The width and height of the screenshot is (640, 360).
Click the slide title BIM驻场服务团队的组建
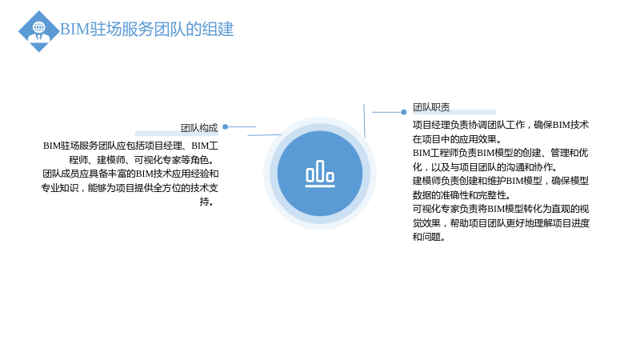click(x=147, y=30)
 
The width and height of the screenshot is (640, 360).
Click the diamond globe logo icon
click(x=39, y=31)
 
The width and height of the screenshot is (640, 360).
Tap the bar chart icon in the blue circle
click(x=320, y=174)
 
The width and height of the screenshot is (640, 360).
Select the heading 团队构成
click(x=199, y=128)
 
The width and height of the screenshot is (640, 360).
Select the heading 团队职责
click(x=431, y=107)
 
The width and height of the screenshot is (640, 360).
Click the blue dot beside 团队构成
click(x=225, y=127)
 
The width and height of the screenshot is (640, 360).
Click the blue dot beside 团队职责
click(x=404, y=112)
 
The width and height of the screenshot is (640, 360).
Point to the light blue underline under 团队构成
click(x=177, y=133)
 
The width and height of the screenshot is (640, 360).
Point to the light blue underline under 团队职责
click(x=454, y=112)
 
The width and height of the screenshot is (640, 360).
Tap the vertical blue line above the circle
click(x=364, y=121)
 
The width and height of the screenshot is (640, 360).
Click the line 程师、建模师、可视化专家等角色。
click(x=143, y=159)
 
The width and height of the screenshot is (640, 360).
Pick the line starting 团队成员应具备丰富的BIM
click(x=130, y=174)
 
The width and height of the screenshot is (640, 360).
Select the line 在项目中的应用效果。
click(x=457, y=138)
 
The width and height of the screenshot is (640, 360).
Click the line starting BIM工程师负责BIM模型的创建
click(x=501, y=153)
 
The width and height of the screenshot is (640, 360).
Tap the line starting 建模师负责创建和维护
click(x=501, y=181)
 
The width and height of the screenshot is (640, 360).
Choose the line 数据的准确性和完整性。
click(x=462, y=194)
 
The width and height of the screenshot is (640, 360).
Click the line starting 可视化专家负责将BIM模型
click(x=501, y=209)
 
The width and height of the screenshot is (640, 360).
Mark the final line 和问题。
click(x=429, y=237)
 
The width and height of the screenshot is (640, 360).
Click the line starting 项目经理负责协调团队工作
click(x=501, y=125)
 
